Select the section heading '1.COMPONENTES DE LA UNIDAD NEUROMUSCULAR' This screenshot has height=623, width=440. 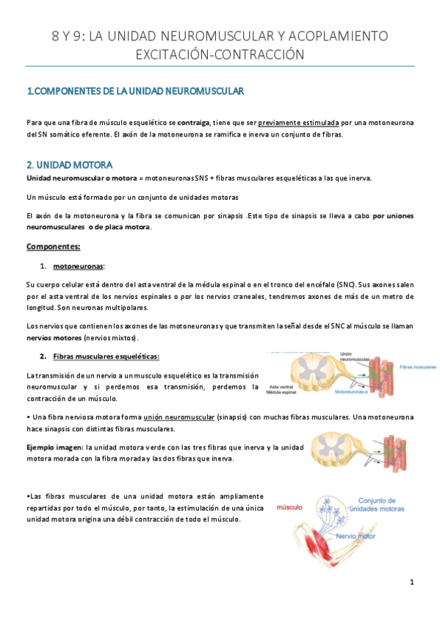point(135,91)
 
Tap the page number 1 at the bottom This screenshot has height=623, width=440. point(413,583)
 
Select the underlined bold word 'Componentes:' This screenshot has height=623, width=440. point(53,245)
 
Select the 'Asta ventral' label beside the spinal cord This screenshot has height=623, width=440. point(283,386)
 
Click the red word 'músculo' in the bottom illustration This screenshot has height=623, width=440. point(290,507)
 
